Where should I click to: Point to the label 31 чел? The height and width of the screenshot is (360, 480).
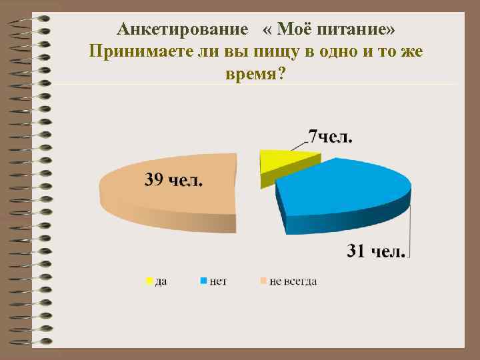pos(375,251)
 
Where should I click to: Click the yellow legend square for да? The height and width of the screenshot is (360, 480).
pos(149,281)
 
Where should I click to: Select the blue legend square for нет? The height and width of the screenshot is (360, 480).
pos(203,281)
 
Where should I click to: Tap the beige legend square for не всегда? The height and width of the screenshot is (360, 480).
pos(263,281)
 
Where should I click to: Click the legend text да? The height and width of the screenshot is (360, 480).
pos(161,282)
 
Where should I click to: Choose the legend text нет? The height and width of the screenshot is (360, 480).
pos(218,282)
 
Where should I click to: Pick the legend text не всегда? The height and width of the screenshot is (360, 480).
pos(293,282)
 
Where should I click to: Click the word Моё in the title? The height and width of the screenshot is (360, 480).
pos(291,30)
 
